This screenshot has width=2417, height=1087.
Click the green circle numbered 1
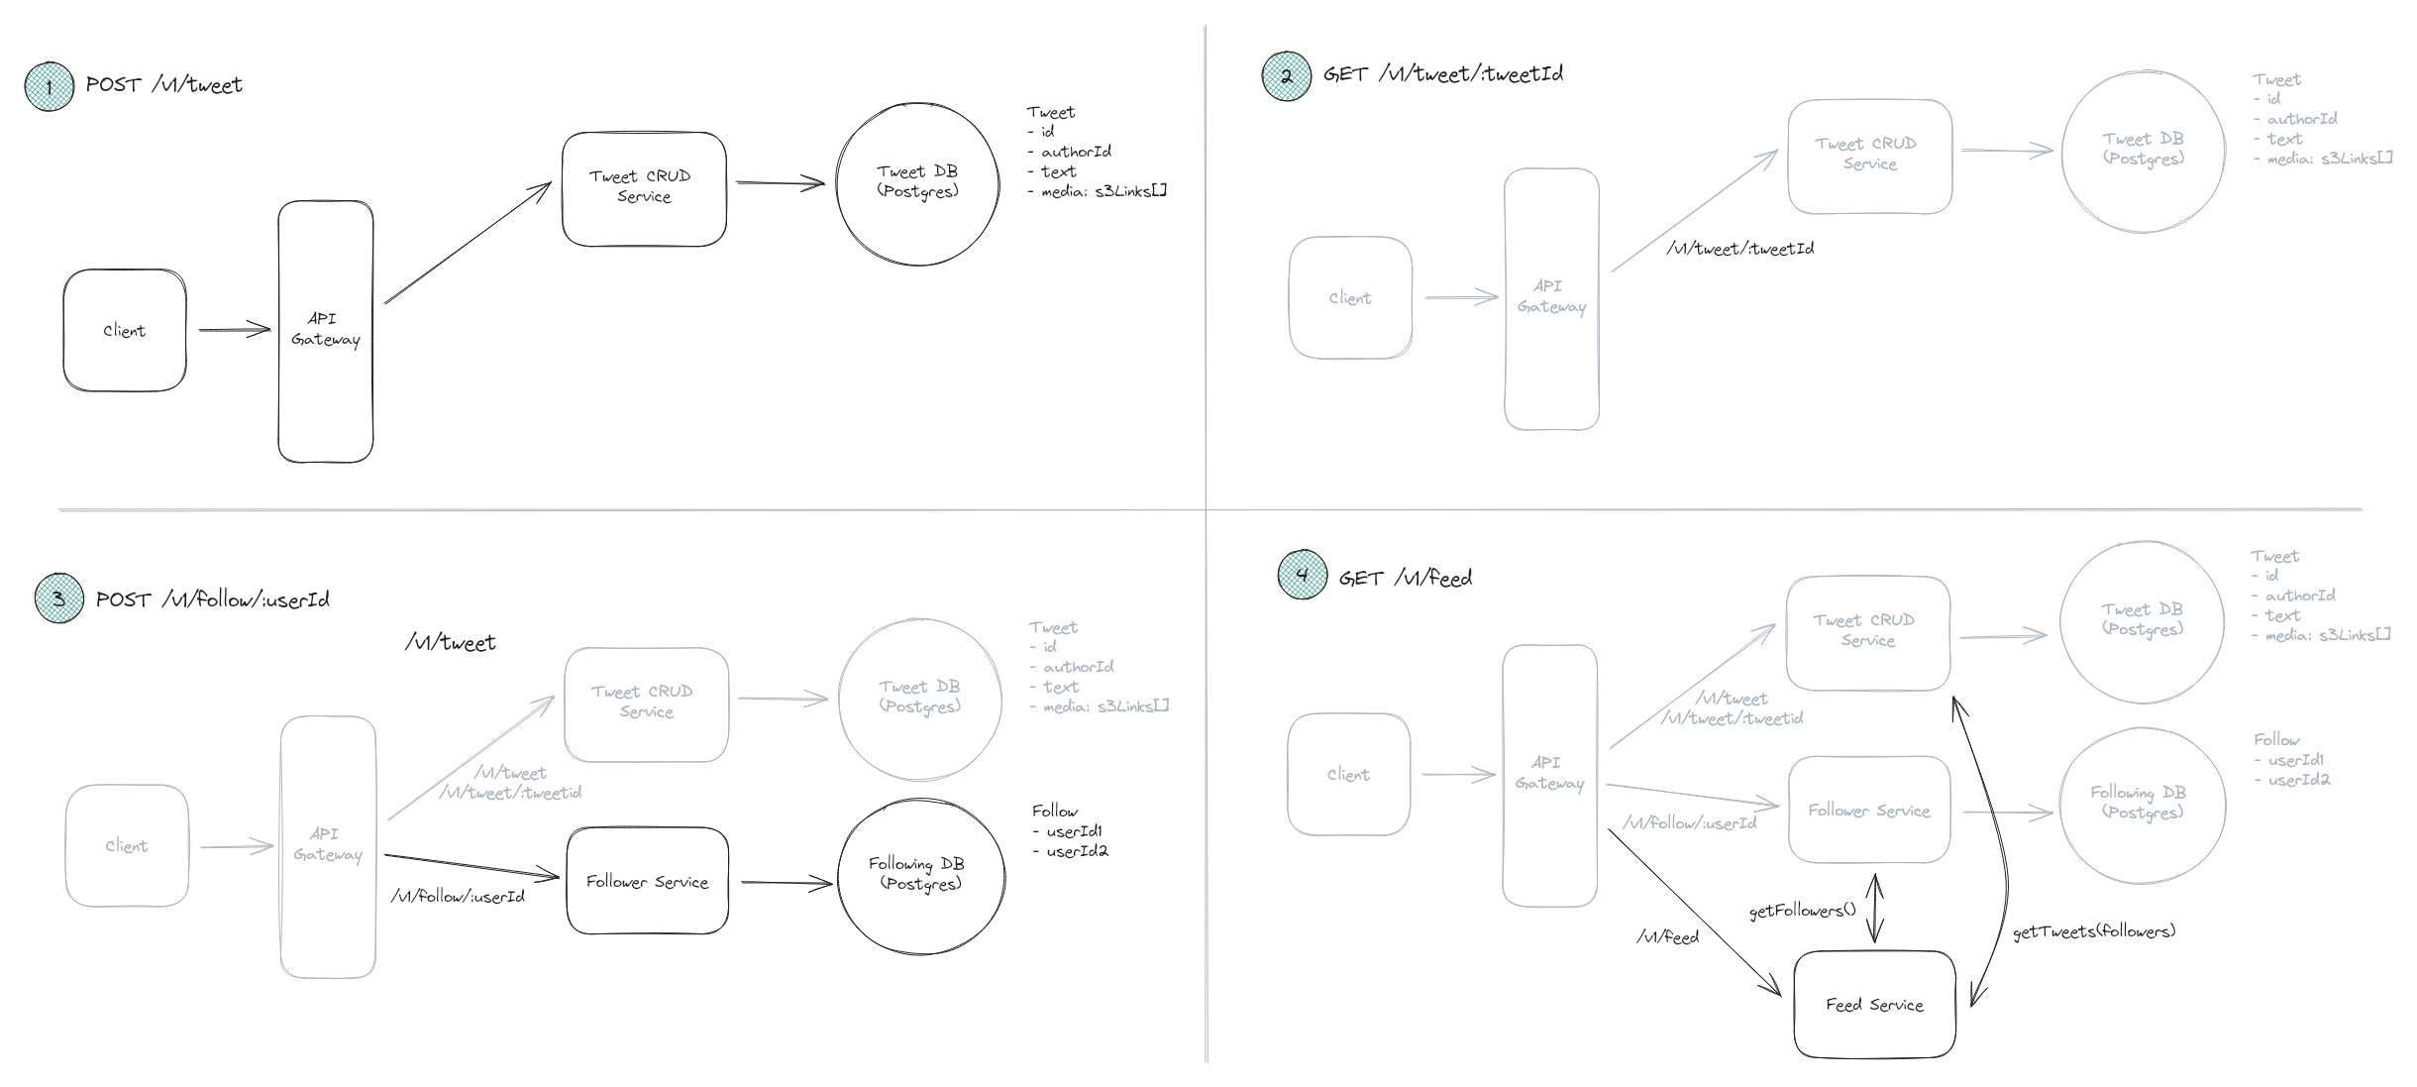[49, 86]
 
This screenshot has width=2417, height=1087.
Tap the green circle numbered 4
[1302, 575]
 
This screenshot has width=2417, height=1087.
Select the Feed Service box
[1874, 1004]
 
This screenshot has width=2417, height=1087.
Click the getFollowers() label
[1802, 911]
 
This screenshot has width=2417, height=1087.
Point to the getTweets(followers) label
[2093, 931]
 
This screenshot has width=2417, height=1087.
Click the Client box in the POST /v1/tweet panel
[125, 330]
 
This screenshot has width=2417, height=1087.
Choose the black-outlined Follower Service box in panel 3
[647, 881]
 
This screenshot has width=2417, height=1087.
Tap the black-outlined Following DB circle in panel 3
[920, 875]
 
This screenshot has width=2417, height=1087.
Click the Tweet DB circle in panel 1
[917, 183]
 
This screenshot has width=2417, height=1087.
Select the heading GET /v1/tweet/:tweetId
[1442, 74]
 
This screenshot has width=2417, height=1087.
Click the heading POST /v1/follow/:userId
[212, 599]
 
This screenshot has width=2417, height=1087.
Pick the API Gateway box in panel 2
[1551, 297]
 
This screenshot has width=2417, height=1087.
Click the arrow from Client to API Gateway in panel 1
[234, 330]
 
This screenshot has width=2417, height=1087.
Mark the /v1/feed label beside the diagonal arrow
[1667, 936]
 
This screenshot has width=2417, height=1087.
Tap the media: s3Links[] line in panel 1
[1103, 191]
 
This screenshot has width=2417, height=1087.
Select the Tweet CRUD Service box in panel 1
[644, 187]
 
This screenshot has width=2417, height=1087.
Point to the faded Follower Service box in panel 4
[1869, 810]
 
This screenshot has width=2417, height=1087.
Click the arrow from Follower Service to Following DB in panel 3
[785, 882]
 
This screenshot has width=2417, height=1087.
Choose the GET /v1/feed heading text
[1405, 578]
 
